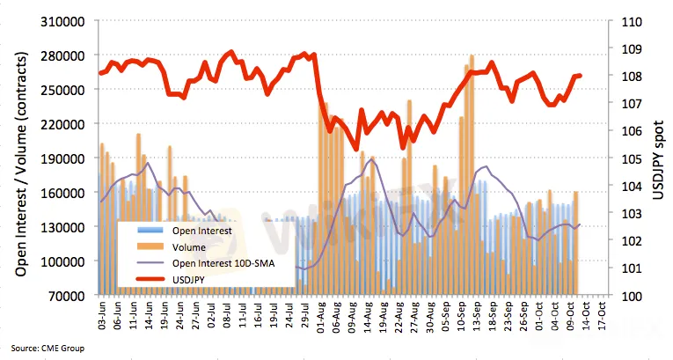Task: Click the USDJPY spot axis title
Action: click(x=658, y=158)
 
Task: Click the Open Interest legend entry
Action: click(x=202, y=231)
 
